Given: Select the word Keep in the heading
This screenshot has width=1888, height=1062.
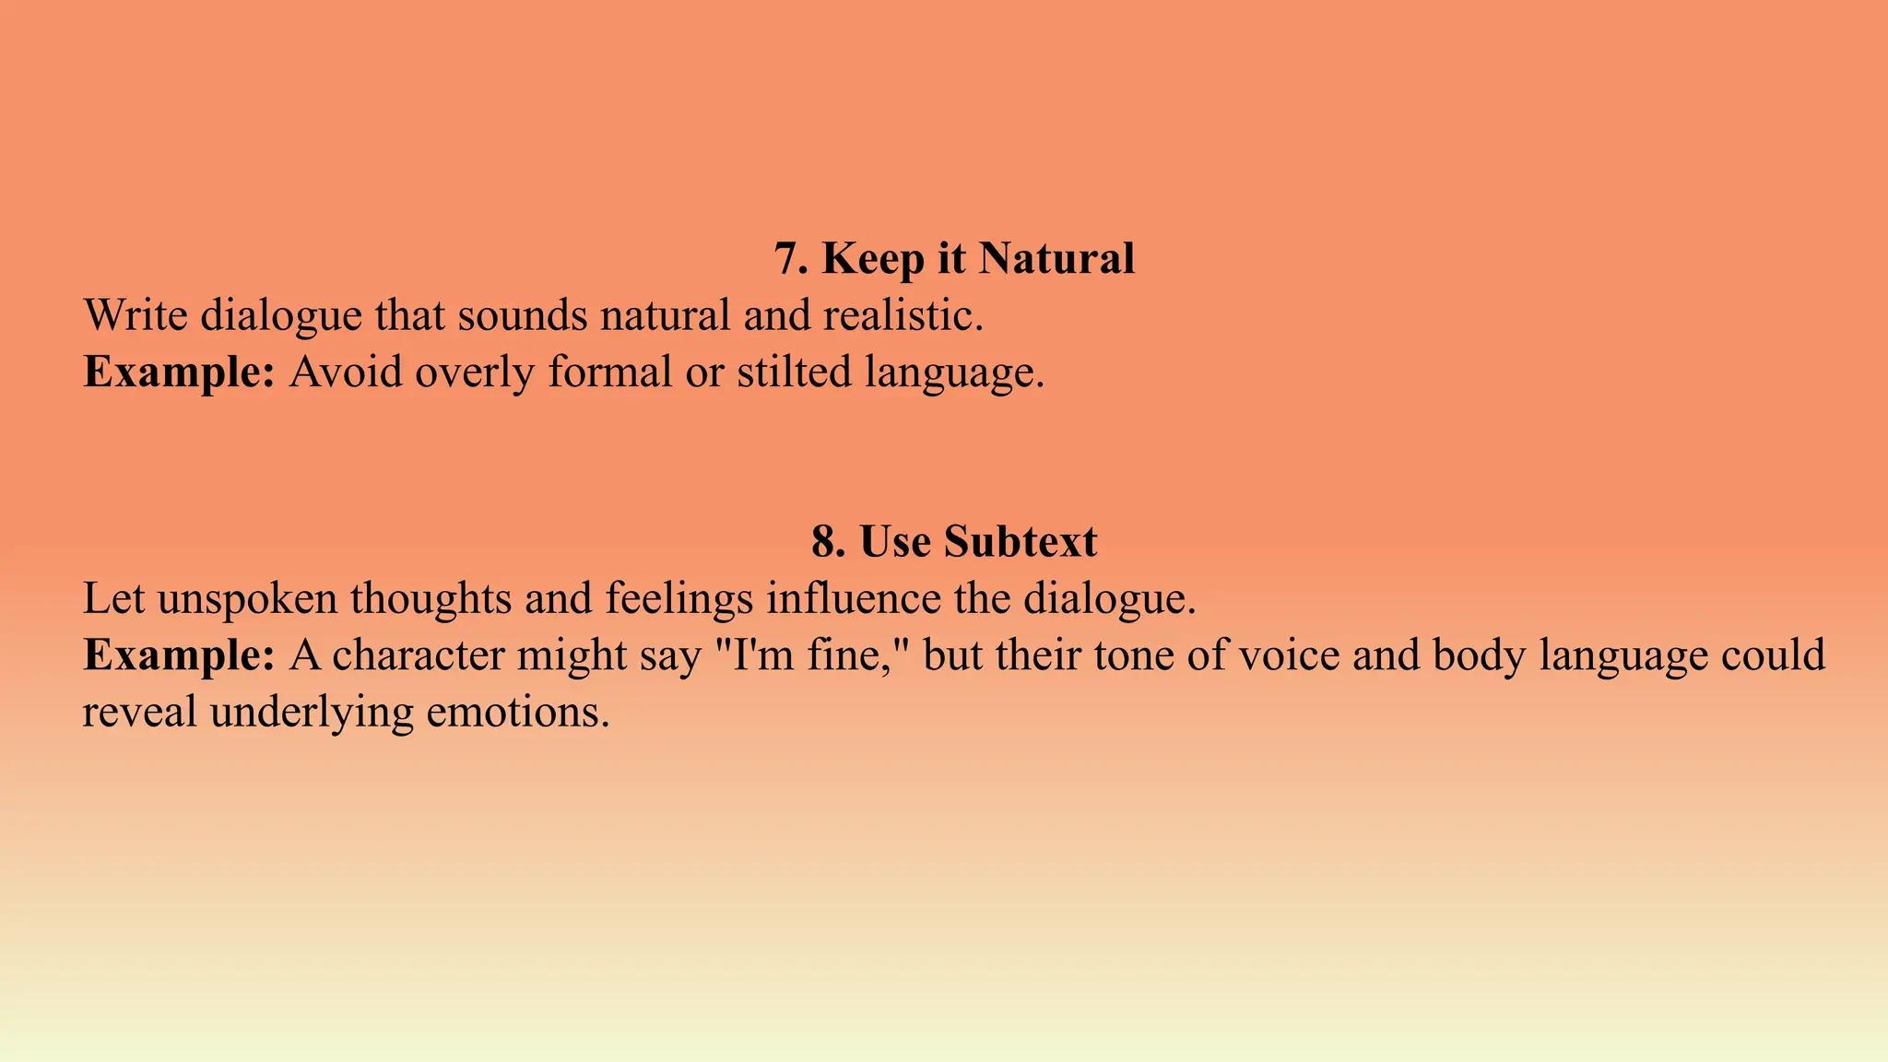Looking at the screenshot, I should tap(872, 258).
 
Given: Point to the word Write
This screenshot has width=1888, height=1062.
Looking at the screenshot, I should tap(136, 315).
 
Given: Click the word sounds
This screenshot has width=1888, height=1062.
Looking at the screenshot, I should tap(523, 315).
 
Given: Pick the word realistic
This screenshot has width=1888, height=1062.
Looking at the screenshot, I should tap(903, 315).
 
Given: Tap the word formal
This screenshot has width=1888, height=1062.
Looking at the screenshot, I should tap(610, 372).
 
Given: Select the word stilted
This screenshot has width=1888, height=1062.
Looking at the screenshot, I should tap(794, 372).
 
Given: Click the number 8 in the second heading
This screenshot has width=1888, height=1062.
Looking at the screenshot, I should tap(827, 541).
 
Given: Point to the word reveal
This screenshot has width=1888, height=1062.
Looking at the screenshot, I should tap(139, 713).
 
